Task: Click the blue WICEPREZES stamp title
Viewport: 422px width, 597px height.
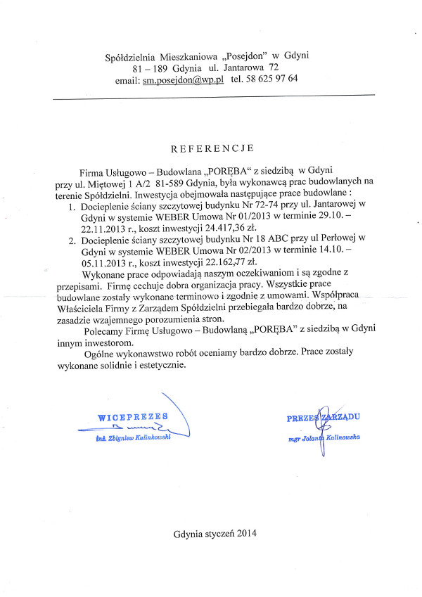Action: pos(133,416)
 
